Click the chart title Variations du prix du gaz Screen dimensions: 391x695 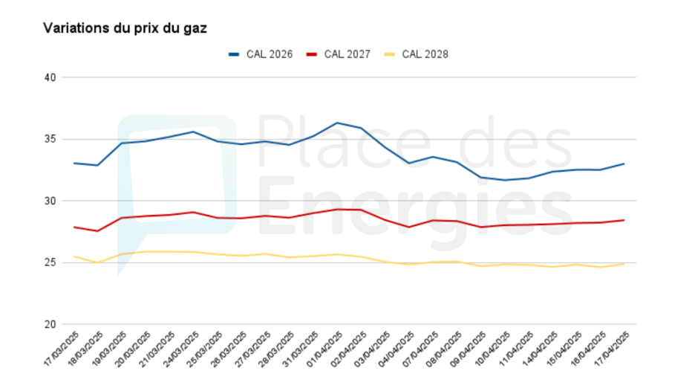(125, 28)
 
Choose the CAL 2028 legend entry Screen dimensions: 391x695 (416, 54)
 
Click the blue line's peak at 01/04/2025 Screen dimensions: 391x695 (337, 123)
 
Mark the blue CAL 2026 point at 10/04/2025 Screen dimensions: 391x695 (504, 180)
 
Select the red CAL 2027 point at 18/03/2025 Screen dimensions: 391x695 (97, 231)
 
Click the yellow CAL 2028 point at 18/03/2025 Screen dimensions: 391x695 (97, 262)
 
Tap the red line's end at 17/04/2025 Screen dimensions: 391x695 (624, 220)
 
